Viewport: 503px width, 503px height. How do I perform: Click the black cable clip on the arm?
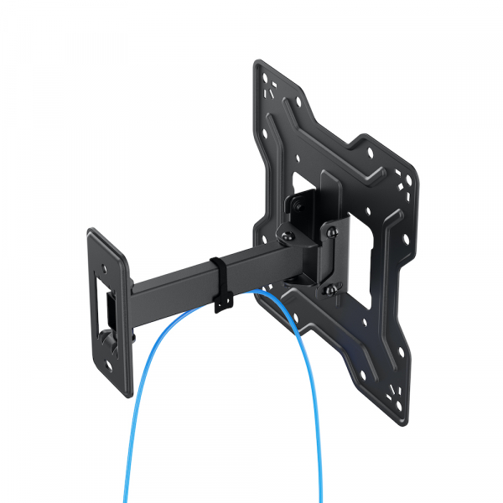coord(221,285)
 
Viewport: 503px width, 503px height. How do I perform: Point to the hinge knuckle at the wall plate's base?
coord(107,340)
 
